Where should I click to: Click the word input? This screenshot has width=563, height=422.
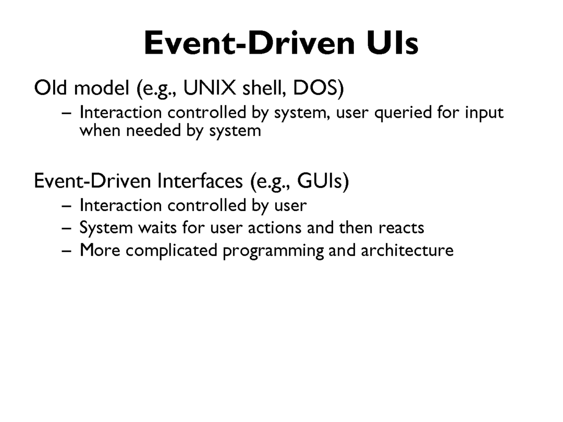(484, 113)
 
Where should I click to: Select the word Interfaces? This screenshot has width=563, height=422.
(200, 180)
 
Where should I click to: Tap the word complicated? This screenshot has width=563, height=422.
(172, 251)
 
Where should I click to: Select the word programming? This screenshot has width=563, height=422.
(273, 251)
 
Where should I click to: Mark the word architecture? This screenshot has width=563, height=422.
(407, 250)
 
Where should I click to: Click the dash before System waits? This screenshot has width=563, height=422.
(66, 229)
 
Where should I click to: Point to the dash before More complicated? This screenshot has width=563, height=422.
(66, 251)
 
